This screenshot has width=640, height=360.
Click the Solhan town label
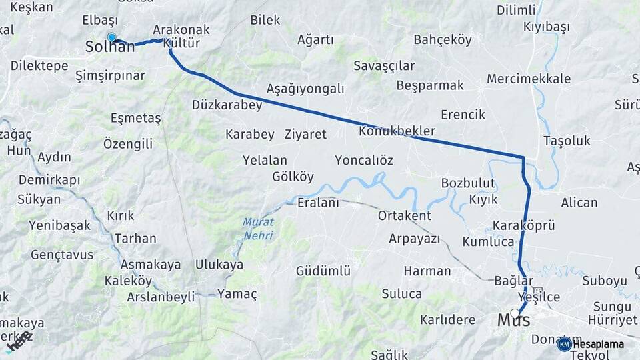point(109,48)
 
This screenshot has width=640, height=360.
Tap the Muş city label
point(514,321)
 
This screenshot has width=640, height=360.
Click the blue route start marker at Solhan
point(111,38)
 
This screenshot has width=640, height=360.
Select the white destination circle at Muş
point(515,312)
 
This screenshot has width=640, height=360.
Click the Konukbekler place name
point(397,131)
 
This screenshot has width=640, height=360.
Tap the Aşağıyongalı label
point(305,89)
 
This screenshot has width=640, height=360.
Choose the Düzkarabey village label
point(226,105)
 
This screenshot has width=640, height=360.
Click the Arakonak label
point(181,30)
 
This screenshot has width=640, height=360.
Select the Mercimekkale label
point(529,79)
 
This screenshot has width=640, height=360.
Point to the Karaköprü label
point(524,225)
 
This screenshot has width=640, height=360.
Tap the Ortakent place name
point(404,215)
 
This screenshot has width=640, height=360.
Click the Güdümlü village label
point(323,271)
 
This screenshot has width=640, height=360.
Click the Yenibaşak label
point(59,225)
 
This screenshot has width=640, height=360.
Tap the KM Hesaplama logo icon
point(564,344)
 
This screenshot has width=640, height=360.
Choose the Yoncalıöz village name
point(364,160)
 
